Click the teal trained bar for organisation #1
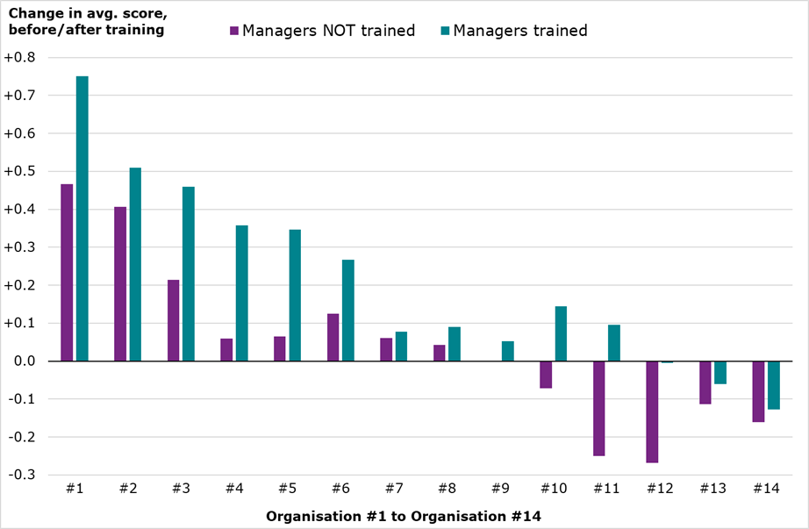click(x=82, y=218)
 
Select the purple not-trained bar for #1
click(x=67, y=273)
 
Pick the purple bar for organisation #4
click(x=226, y=350)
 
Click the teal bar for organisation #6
click(x=348, y=311)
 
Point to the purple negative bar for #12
click(x=652, y=411)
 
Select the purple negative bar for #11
click(x=598, y=408)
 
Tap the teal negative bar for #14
click(x=773, y=385)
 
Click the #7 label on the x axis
click(x=393, y=490)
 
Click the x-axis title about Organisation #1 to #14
click(x=404, y=516)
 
